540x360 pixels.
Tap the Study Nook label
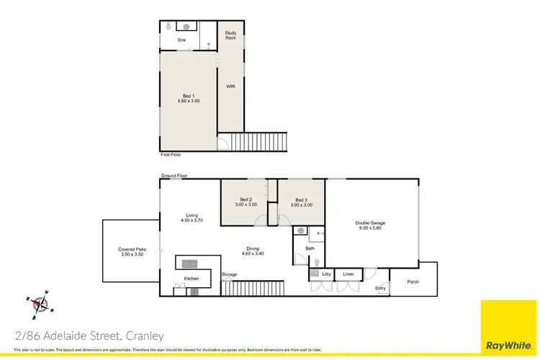pyautogui.click(x=231, y=35)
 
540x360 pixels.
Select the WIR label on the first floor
pyautogui.click(x=231, y=86)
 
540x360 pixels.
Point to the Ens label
pyautogui.click(x=181, y=40)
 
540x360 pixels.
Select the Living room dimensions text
pyautogui.click(x=192, y=220)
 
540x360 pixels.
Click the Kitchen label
pyautogui.click(x=191, y=278)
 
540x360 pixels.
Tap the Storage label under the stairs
pyautogui.click(x=230, y=274)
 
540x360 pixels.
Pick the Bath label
pyautogui.click(x=310, y=248)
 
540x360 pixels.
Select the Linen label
pyautogui.click(x=348, y=274)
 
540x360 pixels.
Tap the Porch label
pyautogui.click(x=413, y=282)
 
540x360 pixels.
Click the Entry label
pyautogui.click(x=381, y=289)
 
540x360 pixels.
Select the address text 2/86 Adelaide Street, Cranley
pyautogui.click(x=90, y=336)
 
